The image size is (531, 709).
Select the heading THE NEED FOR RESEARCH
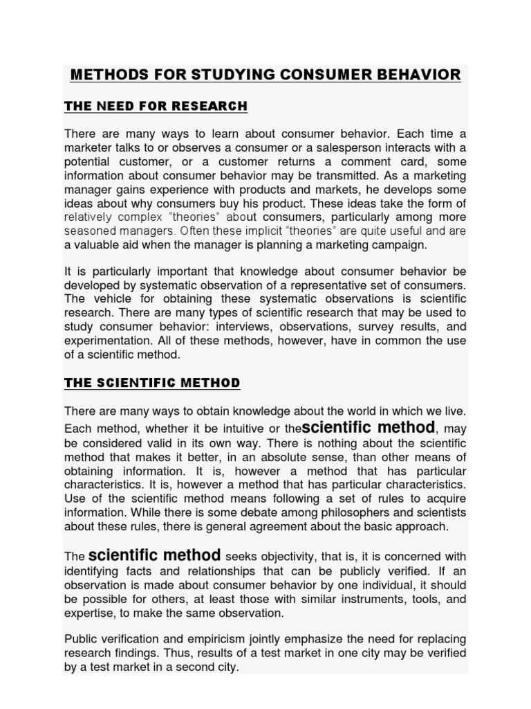(x=156, y=106)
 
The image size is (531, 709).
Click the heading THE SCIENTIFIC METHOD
(x=152, y=383)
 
